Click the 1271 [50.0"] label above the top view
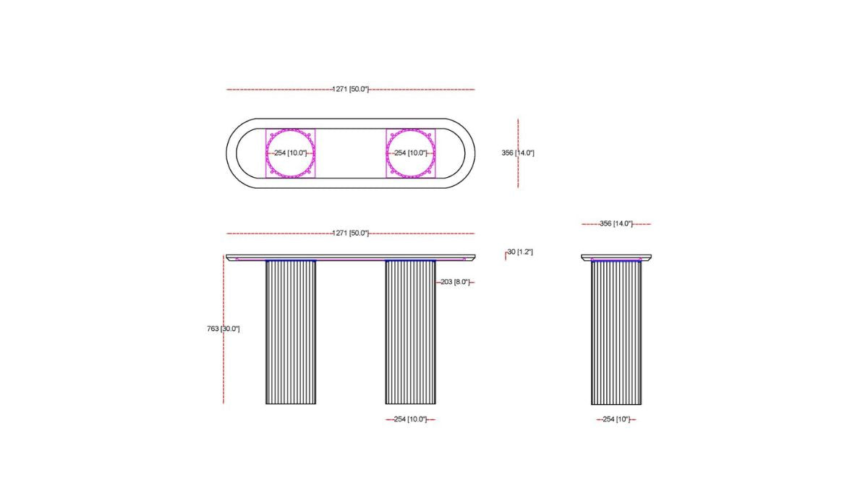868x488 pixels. [x=351, y=89]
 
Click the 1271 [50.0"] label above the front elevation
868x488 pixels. [x=351, y=233]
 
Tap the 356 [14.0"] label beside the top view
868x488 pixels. [x=518, y=153]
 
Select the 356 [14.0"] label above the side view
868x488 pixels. [x=616, y=223]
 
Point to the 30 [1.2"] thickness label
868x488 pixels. [x=520, y=252]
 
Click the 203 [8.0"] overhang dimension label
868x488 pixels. [x=455, y=282]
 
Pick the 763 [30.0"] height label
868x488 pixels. [x=224, y=329]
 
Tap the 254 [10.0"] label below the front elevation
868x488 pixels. [x=410, y=419]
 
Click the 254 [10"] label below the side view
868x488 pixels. [x=616, y=419]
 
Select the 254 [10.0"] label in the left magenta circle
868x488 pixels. [x=290, y=153]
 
